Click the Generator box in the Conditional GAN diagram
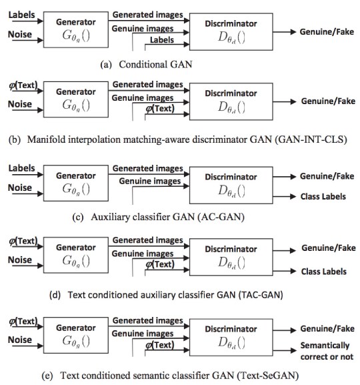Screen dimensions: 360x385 [x=76, y=29]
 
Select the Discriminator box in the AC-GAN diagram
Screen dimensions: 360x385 [x=231, y=185]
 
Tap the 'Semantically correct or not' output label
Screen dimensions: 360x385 [x=327, y=351]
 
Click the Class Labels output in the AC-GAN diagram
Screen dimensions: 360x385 [x=323, y=196]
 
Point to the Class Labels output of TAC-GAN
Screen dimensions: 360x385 [x=324, y=272]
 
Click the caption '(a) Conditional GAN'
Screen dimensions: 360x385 [x=146, y=65]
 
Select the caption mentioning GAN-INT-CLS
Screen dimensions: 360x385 [x=178, y=139]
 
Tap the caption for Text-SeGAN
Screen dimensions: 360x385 [x=170, y=376]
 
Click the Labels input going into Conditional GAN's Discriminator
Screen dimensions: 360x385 [x=162, y=40]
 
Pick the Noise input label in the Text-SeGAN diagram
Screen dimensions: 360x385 [x=20, y=340]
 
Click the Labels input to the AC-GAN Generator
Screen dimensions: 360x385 [x=21, y=168]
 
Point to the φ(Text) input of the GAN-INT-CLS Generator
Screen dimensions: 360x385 [x=23, y=85]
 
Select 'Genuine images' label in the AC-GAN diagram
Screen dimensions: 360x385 [x=150, y=181]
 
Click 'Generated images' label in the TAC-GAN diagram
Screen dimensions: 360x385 [x=148, y=240]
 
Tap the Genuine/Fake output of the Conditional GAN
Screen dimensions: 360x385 [x=327, y=31]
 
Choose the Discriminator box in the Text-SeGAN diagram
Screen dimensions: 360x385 [x=231, y=337]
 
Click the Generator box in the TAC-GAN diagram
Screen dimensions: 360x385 [x=76, y=255]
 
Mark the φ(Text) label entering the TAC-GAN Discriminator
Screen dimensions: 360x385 [x=160, y=264]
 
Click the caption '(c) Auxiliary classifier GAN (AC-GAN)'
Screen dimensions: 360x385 [x=158, y=217]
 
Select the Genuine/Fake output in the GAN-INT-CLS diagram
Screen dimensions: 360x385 [x=329, y=101]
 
